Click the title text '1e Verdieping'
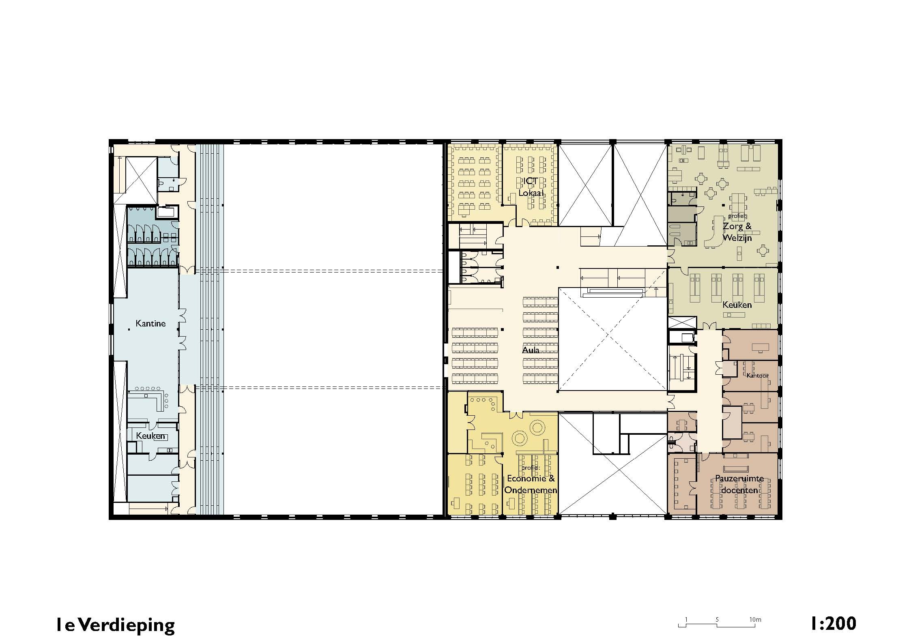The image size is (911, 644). pos(116,625)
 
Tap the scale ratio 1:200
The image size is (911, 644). pos(833,623)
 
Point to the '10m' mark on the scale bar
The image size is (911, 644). pos(755,620)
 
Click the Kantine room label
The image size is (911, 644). pos(150,324)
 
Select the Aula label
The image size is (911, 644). pos(531,350)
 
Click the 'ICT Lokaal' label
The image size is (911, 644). pos(531,187)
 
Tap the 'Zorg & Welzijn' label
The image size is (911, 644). pos(737,232)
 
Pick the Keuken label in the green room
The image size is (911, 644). pos(737,305)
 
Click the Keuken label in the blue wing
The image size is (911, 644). pos(150,436)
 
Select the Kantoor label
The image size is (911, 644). pos(757,376)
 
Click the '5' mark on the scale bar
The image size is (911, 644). pos(717,620)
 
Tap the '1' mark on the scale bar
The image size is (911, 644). pos(686,620)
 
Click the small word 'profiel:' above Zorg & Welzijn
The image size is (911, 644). pos(737,216)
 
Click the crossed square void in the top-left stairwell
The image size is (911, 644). pos(141,181)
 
